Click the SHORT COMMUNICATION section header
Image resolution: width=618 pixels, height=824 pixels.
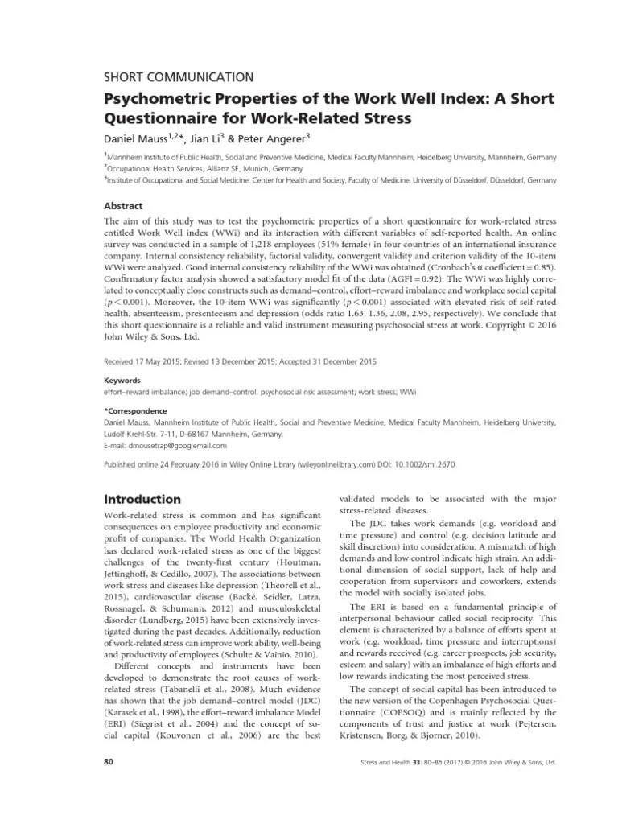coord(179,77)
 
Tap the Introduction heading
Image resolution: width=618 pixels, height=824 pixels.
coord(142,499)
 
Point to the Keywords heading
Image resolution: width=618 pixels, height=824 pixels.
coord(123,380)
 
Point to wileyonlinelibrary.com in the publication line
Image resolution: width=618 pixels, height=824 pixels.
coord(355,464)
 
